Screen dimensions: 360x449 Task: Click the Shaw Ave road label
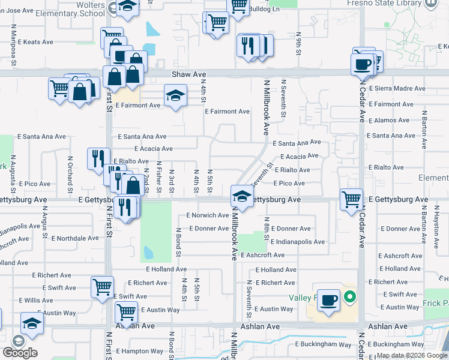click(188, 74)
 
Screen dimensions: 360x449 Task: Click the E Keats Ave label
click(35, 43)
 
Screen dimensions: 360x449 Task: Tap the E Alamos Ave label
click(390, 120)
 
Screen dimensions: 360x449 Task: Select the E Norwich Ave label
click(207, 215)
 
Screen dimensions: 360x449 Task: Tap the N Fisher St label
click(158, 177)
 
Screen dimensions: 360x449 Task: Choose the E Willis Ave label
click(36, 300)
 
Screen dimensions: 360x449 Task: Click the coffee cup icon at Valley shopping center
click(328, 299)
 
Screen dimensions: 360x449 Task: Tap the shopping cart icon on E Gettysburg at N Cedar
click(351, 199)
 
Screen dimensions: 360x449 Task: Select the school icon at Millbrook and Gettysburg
click(241, 196)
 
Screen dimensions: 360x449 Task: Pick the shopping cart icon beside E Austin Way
click(126, 311)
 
